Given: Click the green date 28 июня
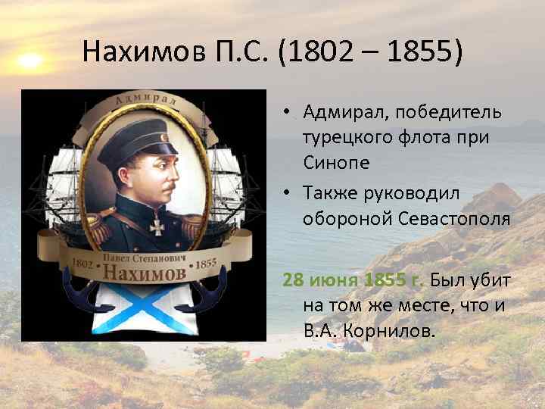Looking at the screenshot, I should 321,281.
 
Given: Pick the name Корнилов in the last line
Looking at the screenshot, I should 394,331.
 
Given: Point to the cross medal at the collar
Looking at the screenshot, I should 156,225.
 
